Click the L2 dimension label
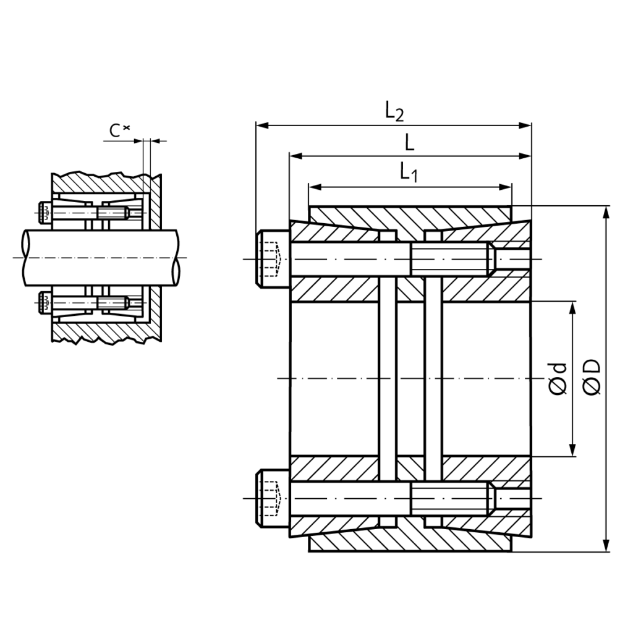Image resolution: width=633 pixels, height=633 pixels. pyautogui.click(x=394, y=111)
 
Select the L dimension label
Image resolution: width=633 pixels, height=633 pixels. pyautogui.click(x=409, y=143)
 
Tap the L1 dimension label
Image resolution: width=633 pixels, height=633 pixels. pyautogui.click(x=409, y=172)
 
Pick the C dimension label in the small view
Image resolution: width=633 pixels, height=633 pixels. pyautogui.click(x=119, y=130)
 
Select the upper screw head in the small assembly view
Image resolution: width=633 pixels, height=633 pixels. pyautogui.click(x=44, y=213)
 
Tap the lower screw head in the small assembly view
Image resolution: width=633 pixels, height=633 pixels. pyautogui.click(x=44, y=302)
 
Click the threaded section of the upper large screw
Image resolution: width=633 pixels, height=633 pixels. pyautogui.click(x=449, y=259)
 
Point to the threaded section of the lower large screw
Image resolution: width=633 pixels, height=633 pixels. pyautogui.click(x=449, y=498)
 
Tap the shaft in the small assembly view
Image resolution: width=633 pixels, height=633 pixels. pyautogui.click(x=99, y=258)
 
